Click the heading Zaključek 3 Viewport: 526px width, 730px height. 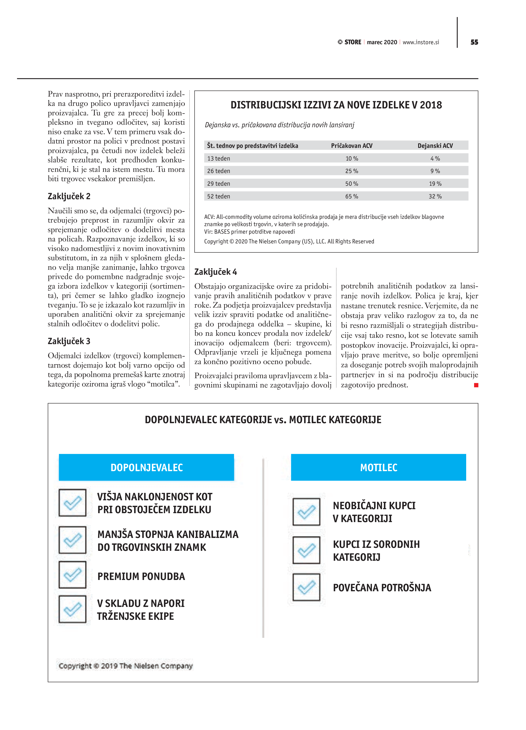(69, 341)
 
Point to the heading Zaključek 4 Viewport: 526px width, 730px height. (216, 272)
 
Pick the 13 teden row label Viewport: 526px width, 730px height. (219, 158)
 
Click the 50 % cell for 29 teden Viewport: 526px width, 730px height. (352, 184)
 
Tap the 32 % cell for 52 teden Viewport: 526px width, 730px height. (435, 196)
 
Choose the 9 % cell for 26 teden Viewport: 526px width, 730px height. (435, 171)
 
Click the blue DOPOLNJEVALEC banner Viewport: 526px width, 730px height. (146, 467)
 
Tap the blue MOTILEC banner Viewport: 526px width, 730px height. (378, 467)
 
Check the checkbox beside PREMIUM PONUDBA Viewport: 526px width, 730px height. (72, 575)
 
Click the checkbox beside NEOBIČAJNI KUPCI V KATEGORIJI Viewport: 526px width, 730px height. (306, 512)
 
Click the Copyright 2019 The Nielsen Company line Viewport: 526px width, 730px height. (125, 666)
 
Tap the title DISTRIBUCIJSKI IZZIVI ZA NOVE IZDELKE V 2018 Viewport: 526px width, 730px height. (336, 105)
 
